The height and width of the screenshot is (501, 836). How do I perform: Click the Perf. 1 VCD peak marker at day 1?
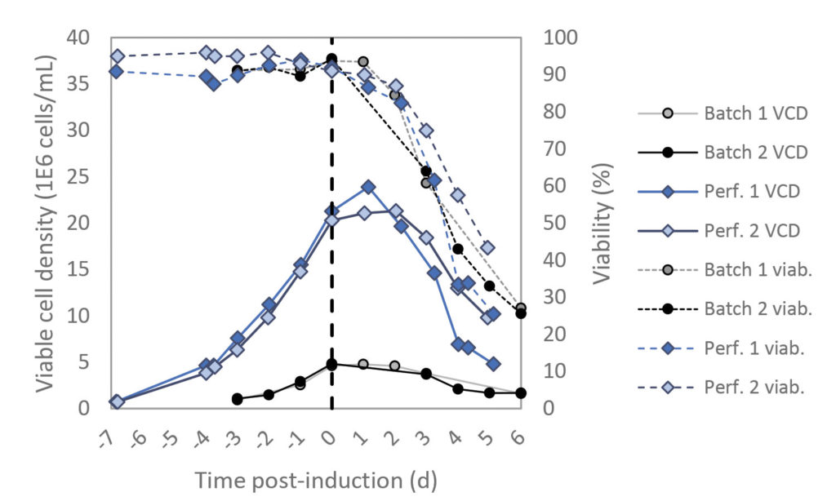coord(368,187)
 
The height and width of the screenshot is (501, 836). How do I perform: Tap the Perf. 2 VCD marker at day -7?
coord(118,401)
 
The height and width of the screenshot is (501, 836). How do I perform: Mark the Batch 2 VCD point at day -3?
coord(238,399)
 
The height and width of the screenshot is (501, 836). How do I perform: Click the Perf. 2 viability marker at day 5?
coord(487,248)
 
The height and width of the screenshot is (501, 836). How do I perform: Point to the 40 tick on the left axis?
coord(92,38)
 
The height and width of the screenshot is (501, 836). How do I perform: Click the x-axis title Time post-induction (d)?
coord(315,480)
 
